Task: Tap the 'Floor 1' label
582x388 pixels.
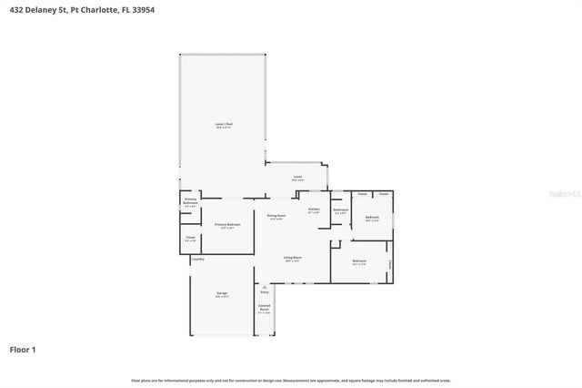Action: tap(23, 349)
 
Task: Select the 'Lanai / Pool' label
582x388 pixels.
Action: tap(223, 123)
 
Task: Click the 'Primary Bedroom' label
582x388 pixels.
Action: tap(227, 224)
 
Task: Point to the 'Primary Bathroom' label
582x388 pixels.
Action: tap(190, 200)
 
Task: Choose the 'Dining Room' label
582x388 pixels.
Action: tap(276, 216)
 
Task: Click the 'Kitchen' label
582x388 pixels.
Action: tap(314, 209)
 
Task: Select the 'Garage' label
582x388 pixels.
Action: tap(222, 292)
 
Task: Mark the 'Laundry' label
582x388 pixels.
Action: tap(198, 260)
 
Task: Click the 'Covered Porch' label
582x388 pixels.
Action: tap(264, 308)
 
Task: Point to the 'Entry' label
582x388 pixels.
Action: tap(265, 292)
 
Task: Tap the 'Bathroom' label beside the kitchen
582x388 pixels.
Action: tap(340, 210)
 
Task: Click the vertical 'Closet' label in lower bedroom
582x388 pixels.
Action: tap(390, 264)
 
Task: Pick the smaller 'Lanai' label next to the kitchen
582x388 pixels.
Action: tap(297, 177)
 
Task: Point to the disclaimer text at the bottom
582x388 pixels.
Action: tap(290, 380)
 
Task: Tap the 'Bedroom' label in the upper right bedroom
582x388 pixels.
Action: tap(372, 217)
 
